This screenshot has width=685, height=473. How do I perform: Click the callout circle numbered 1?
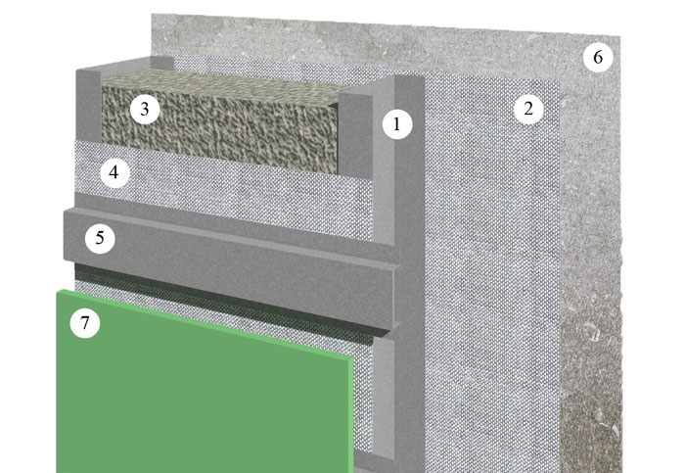pyautogui.click(x=397, y=124)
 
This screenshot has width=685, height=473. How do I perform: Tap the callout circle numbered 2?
pyautogui.click(x=528, y=109)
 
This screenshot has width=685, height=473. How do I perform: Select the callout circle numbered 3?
pyautogui.click(x=145, y=110)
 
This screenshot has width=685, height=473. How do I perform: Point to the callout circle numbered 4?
pyautogui.click(x=114, y=172)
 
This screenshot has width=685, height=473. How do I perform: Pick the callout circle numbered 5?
pyautogui.click(x=100, y=238)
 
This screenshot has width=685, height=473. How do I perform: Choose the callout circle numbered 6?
pyautogui.click(x=598, y=57)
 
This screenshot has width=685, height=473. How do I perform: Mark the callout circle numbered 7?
pyautogui.click(x=85, y=323)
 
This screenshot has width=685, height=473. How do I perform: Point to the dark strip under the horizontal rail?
pyautogui.click(x=223, y=302)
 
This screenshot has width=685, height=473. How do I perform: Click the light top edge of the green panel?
pyautogui.click(x=205, y=323)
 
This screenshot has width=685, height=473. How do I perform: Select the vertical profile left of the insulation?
pyautogui.click(x=89, y=105)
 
